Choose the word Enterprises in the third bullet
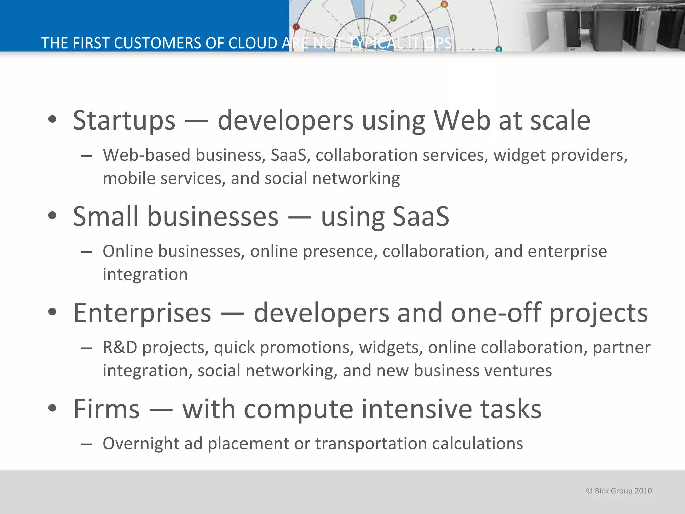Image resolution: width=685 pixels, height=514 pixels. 142,313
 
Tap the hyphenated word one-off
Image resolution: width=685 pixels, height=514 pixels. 496,313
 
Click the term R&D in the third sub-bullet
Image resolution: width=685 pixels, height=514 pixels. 120,347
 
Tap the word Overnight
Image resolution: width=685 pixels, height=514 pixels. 140,444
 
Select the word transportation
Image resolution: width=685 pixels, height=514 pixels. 371,444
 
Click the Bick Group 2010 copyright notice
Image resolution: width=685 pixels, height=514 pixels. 619,491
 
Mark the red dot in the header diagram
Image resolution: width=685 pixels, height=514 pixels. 296,27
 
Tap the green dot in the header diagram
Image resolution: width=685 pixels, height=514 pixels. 393,18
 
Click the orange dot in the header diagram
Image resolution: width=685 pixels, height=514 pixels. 444,4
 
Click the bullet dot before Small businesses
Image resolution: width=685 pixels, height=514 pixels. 52,216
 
